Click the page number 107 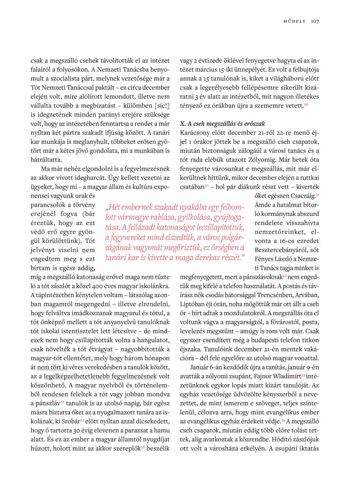tap(315, 21)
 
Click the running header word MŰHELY tap(295, 21)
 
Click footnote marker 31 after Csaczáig tap(317, 195)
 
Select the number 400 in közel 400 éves tap(99, 286)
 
